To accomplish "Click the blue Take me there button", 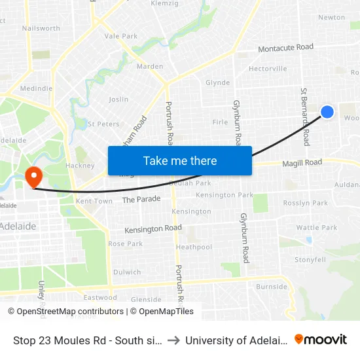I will click(180, 160).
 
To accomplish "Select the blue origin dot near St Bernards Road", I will click(327, 113).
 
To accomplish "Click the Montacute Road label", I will click(285, 48).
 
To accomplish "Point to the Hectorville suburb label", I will click(268, 69).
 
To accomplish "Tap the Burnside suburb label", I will click(271, 287).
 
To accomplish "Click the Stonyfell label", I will click(310, 260).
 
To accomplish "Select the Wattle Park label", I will click(316, 228).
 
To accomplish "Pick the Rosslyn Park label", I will click(306, 203).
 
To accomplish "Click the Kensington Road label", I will click(153, 228).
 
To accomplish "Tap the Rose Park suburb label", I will click(125, 244).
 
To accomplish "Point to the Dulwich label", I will click(127, 272).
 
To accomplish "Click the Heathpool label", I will click(194, 247).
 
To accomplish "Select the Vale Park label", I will click(121, 37).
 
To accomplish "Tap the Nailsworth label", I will click(41, 28).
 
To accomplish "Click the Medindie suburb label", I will click(36, 88).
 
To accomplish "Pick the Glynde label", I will click(218, 83).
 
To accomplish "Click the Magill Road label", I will click(302, 162).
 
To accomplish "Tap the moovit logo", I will click(321, 340).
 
